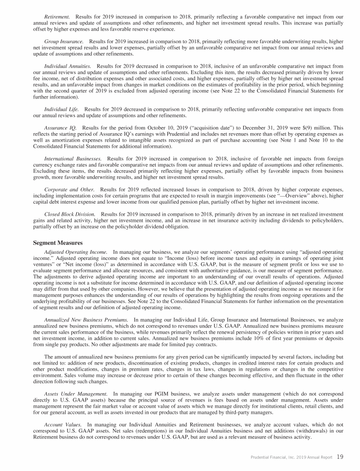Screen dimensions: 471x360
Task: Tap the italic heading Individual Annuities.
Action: click(67, 67)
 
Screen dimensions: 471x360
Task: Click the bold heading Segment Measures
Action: click(57, 243)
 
